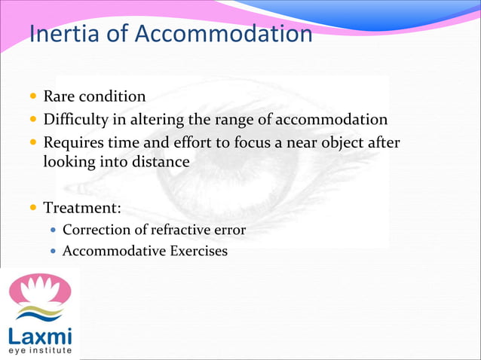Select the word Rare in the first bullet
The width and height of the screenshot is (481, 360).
click(x=57, y=97)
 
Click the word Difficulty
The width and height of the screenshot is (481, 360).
click(x=72, y=120)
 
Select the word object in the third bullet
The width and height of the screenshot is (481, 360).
click(x=321, y=142)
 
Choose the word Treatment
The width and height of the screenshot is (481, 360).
click(x=78, y=206)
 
